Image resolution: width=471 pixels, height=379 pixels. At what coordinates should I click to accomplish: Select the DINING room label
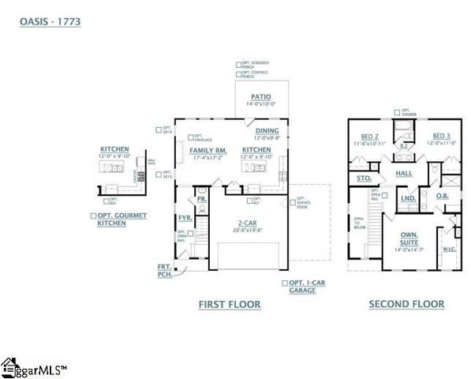267,130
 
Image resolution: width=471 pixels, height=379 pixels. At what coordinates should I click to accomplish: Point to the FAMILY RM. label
209,149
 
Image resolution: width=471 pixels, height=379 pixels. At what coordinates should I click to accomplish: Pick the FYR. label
185,216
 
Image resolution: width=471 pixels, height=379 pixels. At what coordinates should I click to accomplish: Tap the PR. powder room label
202,199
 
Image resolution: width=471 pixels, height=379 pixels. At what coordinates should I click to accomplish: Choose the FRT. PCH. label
164,271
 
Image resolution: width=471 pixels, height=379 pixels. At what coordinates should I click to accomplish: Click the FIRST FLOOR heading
230,304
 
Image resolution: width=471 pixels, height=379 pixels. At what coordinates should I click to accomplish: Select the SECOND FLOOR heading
406,304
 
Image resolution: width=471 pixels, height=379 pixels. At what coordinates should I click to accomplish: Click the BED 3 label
442,136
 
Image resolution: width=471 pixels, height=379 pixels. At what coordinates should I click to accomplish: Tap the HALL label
404,173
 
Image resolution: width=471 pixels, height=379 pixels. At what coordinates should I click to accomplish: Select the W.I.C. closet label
450,250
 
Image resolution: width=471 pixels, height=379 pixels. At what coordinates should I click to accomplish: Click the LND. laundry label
408,198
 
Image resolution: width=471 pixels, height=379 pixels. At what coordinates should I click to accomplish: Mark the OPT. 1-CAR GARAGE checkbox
285,282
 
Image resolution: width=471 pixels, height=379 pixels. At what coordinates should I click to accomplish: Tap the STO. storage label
364,178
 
